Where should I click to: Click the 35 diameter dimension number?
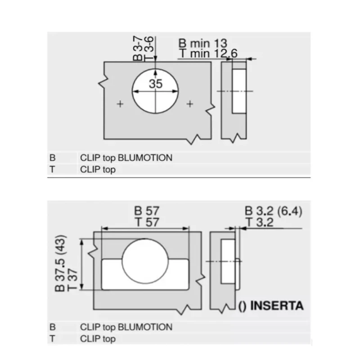(x=156, y=84)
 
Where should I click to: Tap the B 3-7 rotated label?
(x=138, y=48)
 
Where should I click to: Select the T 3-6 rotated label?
(x=148, y=49)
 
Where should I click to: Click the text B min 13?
(x=203, y=43)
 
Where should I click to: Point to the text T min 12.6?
(x=208, y=54)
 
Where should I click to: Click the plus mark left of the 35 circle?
(x=120, y=104)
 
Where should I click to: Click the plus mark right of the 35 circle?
(x=190, y=104)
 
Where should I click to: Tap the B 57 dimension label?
(x=147, y=211)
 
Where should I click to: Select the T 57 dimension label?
(x=147, y=222)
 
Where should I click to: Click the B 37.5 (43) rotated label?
(x=60, y=263)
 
